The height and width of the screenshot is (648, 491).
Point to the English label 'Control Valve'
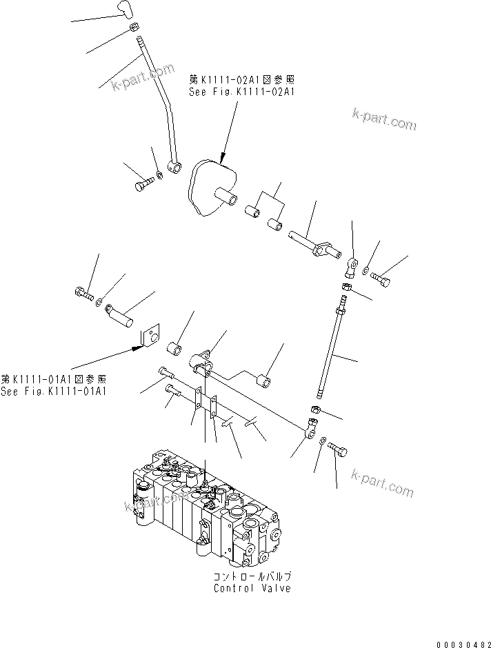[252, 588]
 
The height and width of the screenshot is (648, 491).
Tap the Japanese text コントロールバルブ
[252, 576]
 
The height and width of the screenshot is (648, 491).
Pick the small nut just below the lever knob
[134, 28]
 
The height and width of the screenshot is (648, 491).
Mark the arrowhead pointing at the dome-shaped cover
[223, 161]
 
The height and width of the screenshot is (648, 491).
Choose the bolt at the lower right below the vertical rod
[338, 450]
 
